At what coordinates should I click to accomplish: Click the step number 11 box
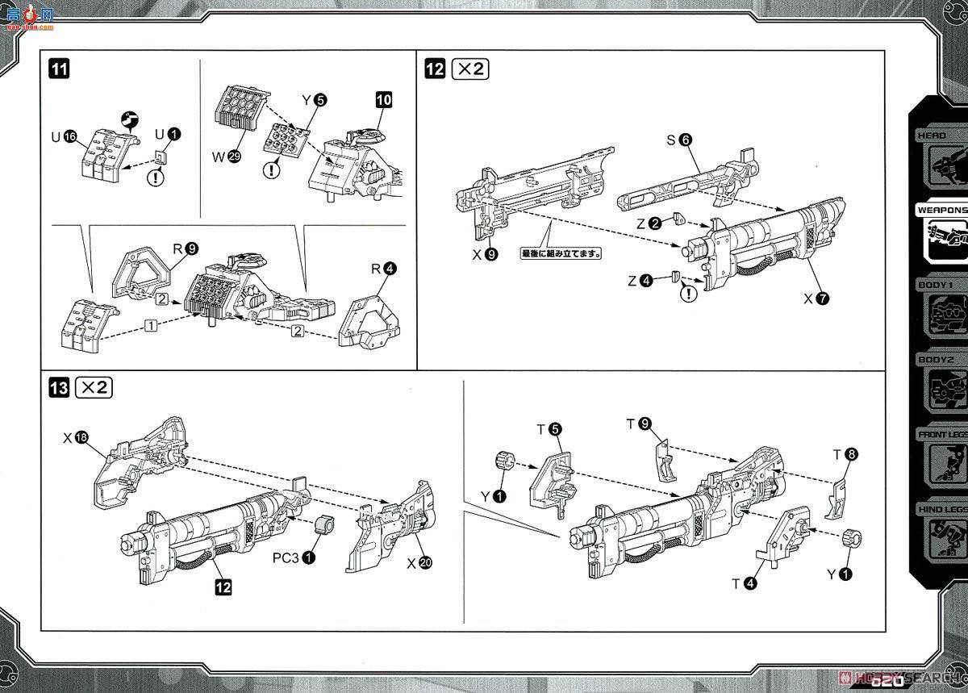point(59,69)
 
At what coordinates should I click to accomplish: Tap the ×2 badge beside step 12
point(469,69)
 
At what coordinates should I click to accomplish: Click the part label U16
point(64,137)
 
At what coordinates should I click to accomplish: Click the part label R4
point(383,269)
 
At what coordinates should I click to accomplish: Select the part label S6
point(678,140)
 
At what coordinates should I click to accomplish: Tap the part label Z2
point(649,223)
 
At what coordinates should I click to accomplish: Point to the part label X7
point(815,298)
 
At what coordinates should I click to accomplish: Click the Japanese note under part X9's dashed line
point(562,253)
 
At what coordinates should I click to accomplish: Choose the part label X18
point(75,438)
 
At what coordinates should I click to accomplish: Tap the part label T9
point(637,423)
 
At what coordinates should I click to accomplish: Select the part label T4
point(743,582)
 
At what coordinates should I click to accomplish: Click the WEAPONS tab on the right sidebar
point(941,210)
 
